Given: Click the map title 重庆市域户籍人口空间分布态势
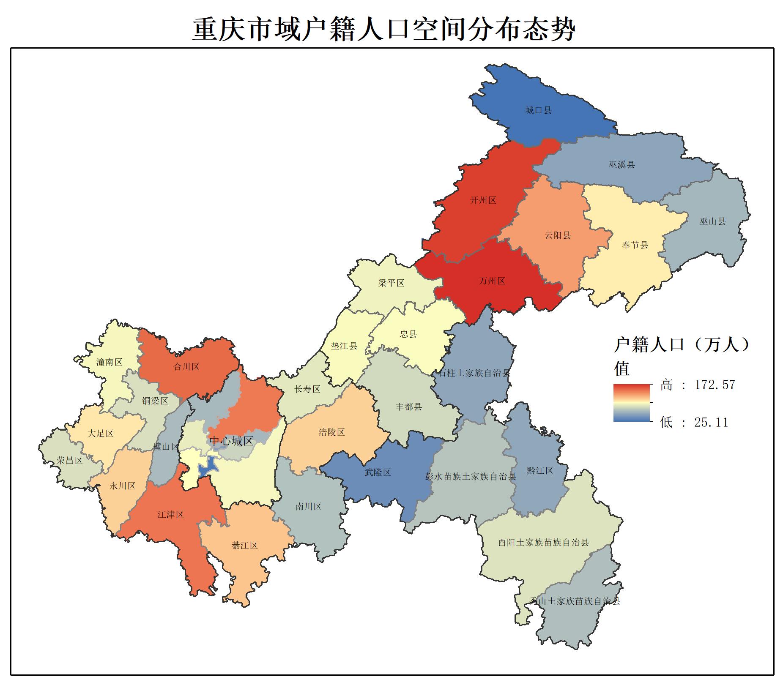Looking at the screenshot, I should click(383, 29).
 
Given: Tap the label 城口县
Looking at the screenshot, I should click(538, 110).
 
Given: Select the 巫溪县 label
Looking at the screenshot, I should click(621, 165).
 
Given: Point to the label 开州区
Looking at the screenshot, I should click(483, 200).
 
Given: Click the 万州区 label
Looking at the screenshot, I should click(492, 281).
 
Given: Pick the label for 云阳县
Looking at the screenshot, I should click(557, 235).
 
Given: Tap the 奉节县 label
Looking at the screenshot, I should click(635, 245).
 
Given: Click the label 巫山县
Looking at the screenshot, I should click(712, 221).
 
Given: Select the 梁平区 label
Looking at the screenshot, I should click(391, 283).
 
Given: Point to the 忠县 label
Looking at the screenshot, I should click(408, 334).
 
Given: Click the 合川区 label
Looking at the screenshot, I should click(186, 367).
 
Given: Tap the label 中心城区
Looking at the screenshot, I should click(231, 441).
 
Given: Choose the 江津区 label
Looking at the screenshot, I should click(170, 515).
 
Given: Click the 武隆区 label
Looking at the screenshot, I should click(378, 472).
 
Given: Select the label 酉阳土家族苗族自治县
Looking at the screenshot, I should click(543, 542).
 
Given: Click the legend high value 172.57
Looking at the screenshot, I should click(715, 385).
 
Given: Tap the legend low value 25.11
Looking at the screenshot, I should click(711, 422).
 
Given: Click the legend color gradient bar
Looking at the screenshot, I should click(631, 403).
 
